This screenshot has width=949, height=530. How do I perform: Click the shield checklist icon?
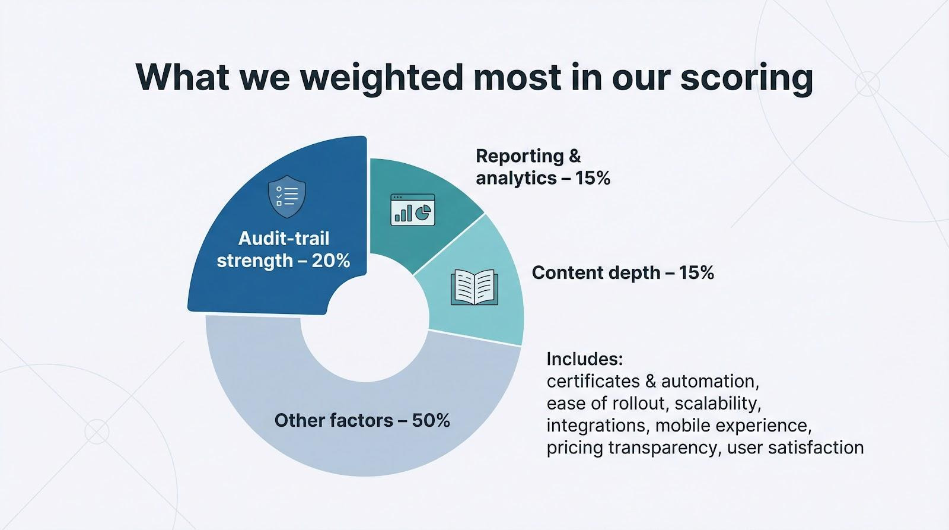(x=287, y=196)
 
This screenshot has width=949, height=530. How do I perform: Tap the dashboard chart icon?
(x=413, y=210)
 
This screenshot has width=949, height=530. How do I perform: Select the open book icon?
(x=474, y=287)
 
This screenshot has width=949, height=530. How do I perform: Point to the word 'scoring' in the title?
(x=747, y=78)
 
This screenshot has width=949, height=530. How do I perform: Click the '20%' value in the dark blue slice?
(x=331, y=261)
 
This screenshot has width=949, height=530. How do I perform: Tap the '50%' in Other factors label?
(x=431, y=421)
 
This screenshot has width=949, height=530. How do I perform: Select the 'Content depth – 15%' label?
(x=623, y=272)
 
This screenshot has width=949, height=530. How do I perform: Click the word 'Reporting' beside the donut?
(x=520, y=157)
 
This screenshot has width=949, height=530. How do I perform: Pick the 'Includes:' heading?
(x=585, y=359)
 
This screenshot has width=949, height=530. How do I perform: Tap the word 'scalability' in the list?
(x=718, y=403)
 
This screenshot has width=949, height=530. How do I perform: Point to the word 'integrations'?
(x=596, y=426)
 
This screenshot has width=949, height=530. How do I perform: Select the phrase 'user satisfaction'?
(x=795, y=448)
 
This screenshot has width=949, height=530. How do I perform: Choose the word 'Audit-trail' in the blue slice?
(x=284, y=238)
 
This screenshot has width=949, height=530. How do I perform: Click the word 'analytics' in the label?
(x=516, y=179)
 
